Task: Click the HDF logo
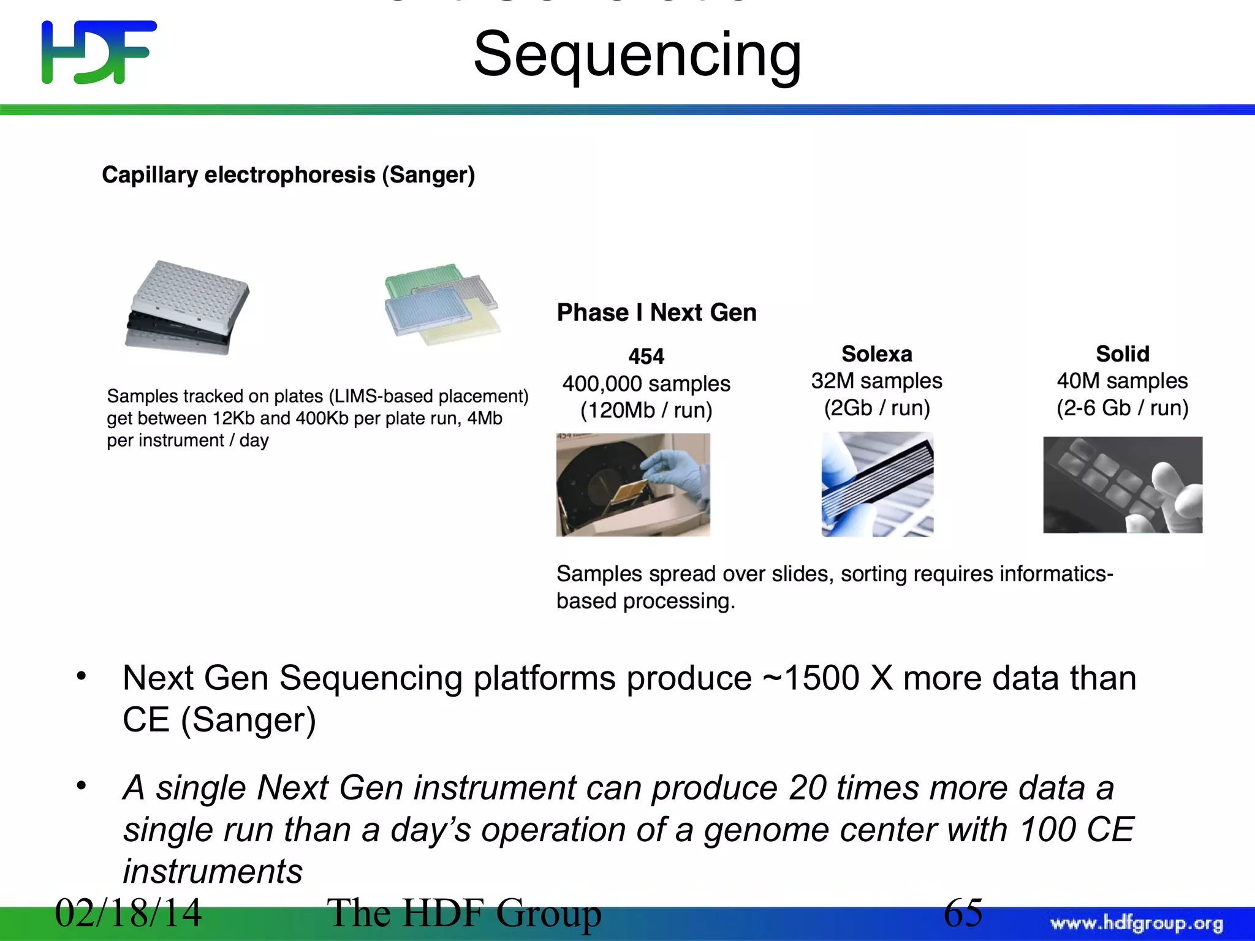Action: tap(98, 52)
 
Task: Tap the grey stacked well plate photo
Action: tap(187, 308)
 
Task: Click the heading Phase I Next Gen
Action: tap(656, 312)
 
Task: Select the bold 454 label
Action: tap(646, 356)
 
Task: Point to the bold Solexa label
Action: tap(876, 353)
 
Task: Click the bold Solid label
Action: tap(1122, 353)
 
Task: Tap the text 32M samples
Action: tap(876, 381)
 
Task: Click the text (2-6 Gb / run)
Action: tap(1122, 408)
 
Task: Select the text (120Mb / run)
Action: tap(646, 410)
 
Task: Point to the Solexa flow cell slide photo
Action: tap(877, 484)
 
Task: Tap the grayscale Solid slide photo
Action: tap(1122, 484)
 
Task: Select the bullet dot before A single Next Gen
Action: tap(81, 785)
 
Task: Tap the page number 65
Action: tap(963, 913)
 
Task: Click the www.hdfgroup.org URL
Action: tap(1136, 923)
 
